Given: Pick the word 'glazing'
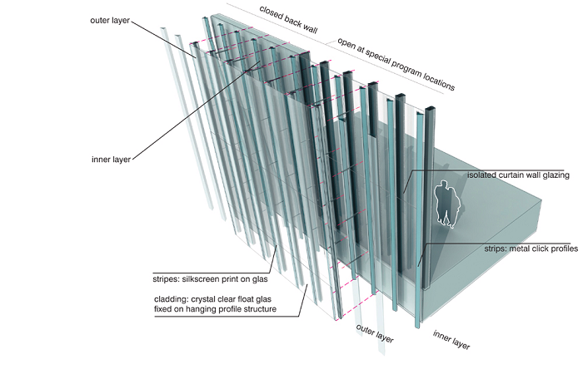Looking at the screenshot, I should point(551,176).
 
